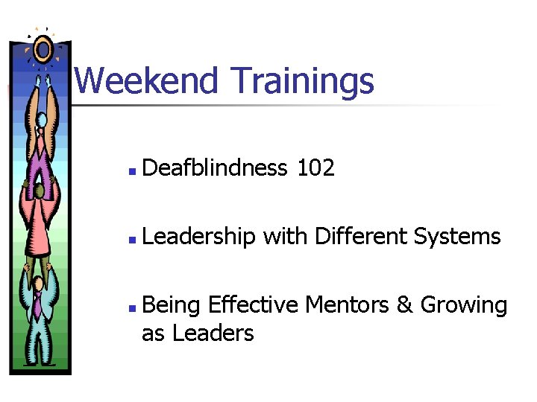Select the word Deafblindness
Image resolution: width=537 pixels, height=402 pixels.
(214, 169)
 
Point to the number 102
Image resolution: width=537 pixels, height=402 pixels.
(315, 169)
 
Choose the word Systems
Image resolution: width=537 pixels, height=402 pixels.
(458, 237)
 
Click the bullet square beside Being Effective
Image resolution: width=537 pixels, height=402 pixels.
(131, 307)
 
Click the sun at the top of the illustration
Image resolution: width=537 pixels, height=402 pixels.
(43, 50)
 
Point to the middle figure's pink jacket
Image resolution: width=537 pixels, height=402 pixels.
(40, 223)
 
